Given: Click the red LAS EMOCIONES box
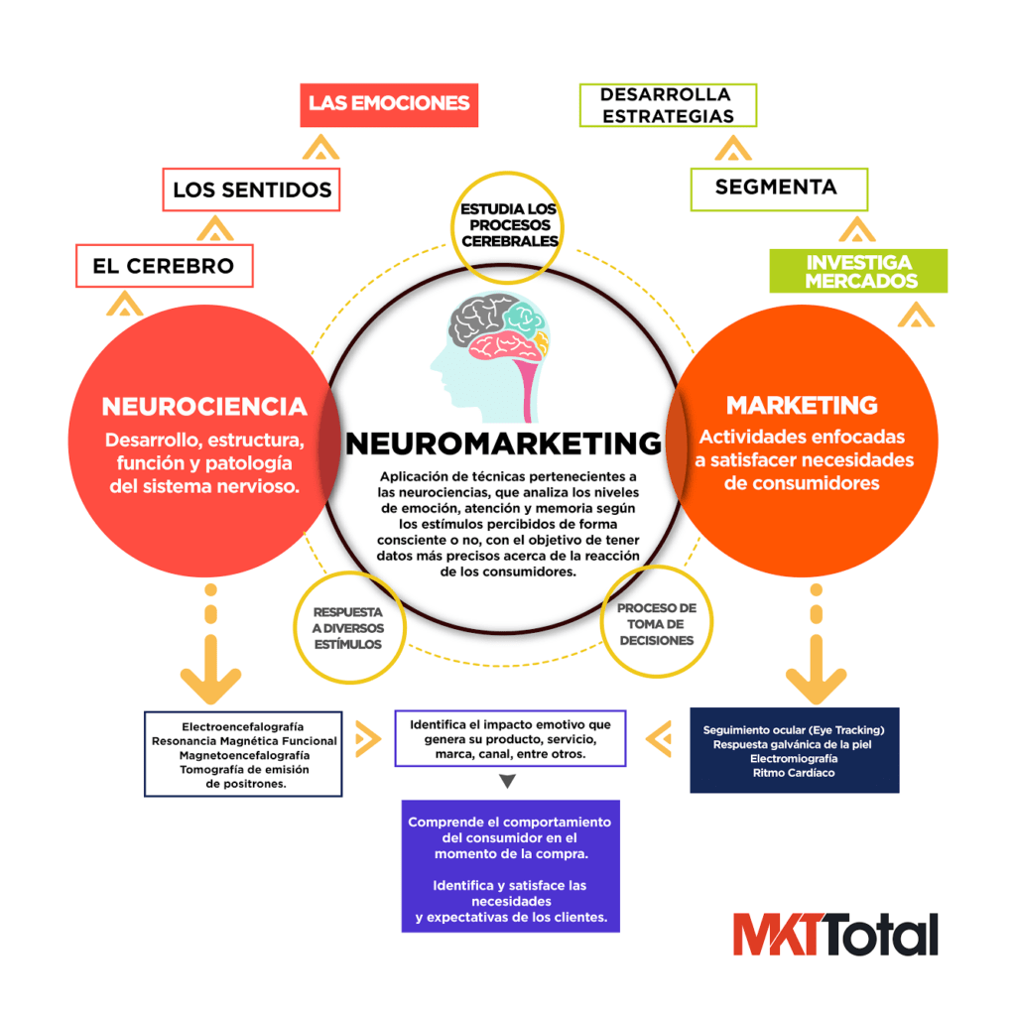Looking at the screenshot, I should point(389,104).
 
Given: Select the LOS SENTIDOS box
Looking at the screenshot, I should point(251,190).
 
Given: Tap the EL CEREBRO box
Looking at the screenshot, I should point(164,266).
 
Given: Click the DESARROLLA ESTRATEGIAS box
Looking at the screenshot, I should point(667,105).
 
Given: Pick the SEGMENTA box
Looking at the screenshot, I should point(778,187).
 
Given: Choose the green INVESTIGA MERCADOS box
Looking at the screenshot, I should point(859,272).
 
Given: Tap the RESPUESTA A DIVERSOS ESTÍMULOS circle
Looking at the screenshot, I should point(347,628).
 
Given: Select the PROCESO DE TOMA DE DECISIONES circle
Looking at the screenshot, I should point(657,624).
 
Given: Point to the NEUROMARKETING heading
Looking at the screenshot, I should point(503,443).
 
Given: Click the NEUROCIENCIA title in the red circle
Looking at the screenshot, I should point(204,407).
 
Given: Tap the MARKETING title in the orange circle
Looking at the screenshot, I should point(802,405).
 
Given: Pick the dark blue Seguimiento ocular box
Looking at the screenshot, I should point(794,750).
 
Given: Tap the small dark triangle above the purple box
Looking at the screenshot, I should point(507,782).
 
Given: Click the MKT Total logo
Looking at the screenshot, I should point(835,935).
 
